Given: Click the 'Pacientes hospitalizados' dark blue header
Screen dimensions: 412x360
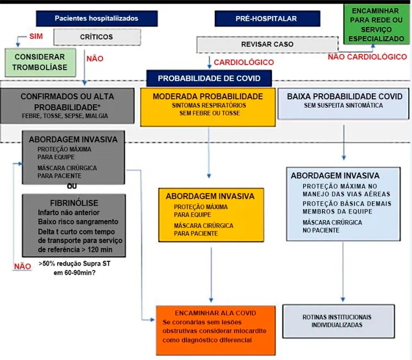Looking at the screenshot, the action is coord(97,18).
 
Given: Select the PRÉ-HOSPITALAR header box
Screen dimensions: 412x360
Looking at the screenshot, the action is coord(267,18).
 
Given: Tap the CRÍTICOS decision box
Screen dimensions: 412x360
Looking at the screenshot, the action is coord(97,37).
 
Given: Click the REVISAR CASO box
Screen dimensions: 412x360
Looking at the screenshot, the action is coord(267,44).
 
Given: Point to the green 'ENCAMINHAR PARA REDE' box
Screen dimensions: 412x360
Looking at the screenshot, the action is coord(376,24).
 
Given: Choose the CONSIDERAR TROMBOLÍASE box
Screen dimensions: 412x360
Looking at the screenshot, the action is coord(40,62).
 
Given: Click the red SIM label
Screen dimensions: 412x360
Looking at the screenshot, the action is coord(36,36).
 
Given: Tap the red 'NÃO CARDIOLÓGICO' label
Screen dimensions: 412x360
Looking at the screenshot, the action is coord(368,57).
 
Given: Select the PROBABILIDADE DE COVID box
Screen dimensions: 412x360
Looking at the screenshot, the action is coord(209,78).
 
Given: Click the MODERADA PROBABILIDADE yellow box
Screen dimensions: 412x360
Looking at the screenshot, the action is coord(208,107).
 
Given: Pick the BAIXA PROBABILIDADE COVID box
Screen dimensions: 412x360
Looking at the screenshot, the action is coord(343,104).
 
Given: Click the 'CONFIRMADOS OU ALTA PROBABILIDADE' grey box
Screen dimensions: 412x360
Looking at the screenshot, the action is coord(67,105).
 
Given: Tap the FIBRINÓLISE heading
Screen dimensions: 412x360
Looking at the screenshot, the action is coord(74,203).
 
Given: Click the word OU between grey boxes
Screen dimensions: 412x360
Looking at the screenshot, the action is coord(72,186).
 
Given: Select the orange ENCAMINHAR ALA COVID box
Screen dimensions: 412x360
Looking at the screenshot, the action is coord(216,330).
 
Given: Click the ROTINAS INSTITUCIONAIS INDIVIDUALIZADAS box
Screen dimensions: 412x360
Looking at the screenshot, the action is coord(338,321).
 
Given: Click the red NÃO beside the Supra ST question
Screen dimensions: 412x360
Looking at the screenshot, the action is coord(23,266).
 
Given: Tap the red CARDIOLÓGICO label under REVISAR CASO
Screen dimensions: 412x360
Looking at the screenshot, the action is coord(244,62).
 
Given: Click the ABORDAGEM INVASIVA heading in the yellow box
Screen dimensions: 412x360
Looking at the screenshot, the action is coord(210,196).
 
